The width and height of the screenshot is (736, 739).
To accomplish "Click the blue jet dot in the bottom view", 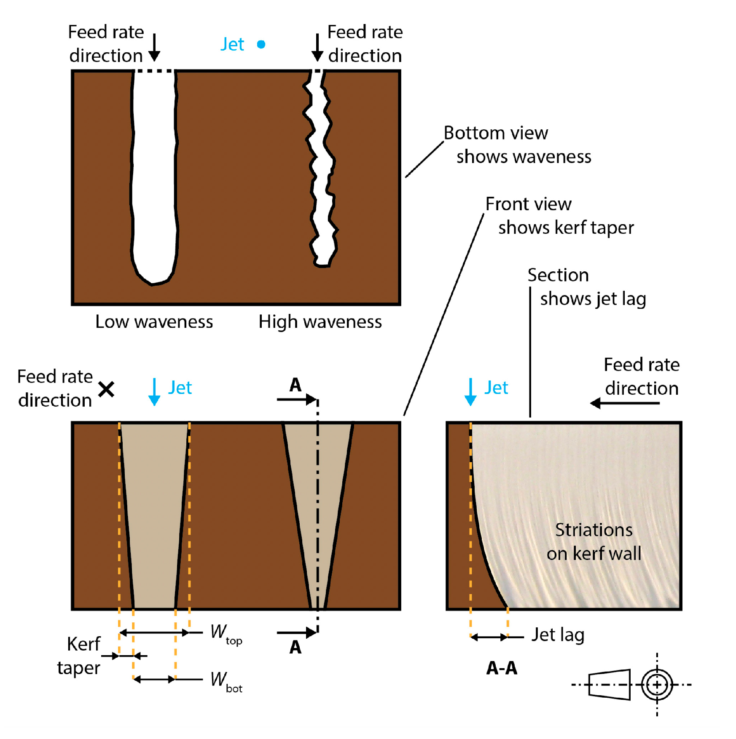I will pyautogui.click(x=261, y=44).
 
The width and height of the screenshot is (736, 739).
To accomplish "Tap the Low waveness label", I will pyautogui.click(x=154, y=321).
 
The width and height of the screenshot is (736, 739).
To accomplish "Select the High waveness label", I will pyautogui.click(x=320, y=321).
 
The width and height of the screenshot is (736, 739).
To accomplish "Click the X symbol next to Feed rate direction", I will pyautogui.click(x=106, y=389).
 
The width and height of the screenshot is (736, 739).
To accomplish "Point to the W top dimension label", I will pyautogui.click(x=226, y=634).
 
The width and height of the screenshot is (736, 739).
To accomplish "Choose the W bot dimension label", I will pyautogui.click(x=226, y=681).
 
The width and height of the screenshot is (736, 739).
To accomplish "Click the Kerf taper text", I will pyautogui.click(x=80, y=656).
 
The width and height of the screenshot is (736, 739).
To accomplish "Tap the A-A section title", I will pyautogui.click(x=501, y=668).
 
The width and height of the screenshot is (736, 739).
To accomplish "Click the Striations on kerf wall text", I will pyautogui.click(x=594, y=542).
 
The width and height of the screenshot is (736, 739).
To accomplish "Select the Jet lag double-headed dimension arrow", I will pyautogui.click(x=489, y=637).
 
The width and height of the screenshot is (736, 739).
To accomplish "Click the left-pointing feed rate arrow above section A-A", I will pyautogui.click(x=624, y=403).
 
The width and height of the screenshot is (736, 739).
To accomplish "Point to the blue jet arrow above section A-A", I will pyautogui.click(x=470, y=392).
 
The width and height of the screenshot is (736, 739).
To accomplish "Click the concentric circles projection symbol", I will pyautogui.click(x=657, y=685).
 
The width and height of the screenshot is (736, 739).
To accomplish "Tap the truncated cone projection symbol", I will pyautogui.click(x=609, y=685).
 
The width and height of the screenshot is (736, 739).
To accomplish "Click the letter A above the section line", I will pyautogui.click(x=295, y=385).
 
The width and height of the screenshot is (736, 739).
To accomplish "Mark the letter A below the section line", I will pyautogui.click(x=295, y=647).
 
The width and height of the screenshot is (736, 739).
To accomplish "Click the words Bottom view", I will pyautogui.click(x=496, y=133).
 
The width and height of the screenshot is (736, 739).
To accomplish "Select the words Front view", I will pyautogui.click(x=528, y=204).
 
